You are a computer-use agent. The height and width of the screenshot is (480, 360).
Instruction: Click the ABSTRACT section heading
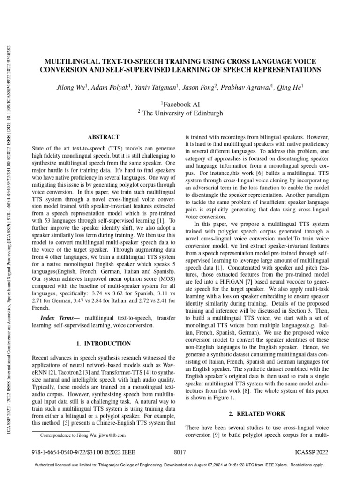point(104,137)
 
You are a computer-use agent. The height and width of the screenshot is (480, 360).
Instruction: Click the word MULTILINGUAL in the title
point(70,62)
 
